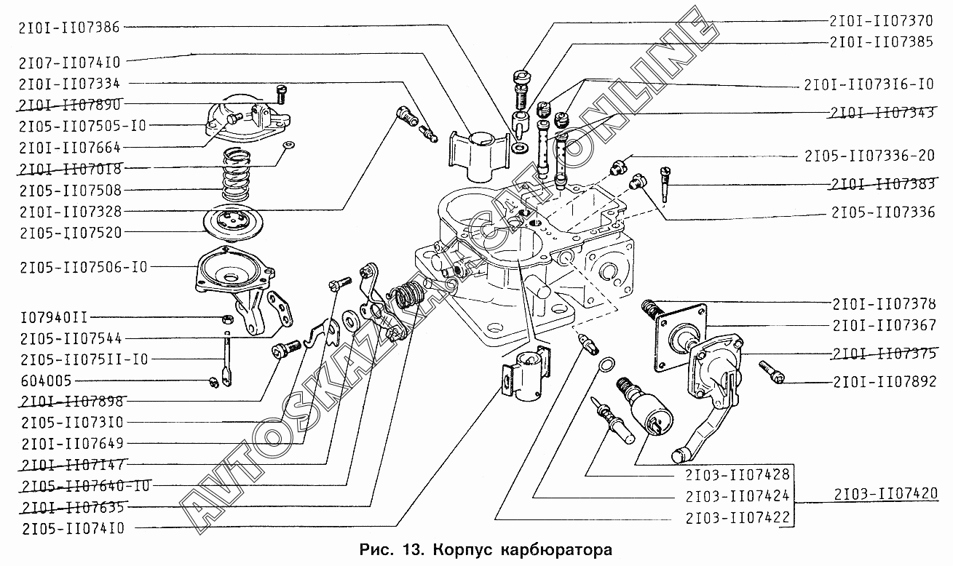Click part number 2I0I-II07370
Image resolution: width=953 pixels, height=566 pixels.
pyautogui.click(x=882, y=22)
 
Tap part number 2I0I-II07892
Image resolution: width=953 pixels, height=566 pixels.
pyautogui.click(x=885, y=381)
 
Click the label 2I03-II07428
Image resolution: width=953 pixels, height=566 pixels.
pyautogui.click(x=738, y=474)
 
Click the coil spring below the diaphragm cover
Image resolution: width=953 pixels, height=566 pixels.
pyautogui.click(x=235, y=175)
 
